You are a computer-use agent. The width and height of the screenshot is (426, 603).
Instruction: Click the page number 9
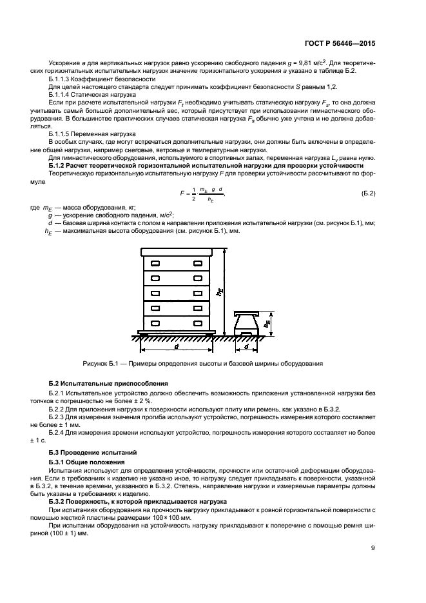373,549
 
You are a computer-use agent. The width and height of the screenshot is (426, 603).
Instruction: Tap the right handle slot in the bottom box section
197,322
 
